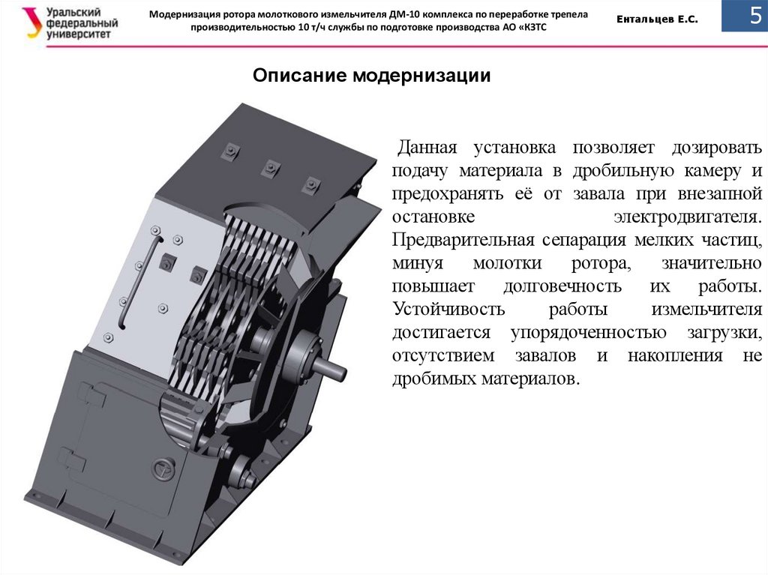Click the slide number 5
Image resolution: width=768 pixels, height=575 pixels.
point(756,16)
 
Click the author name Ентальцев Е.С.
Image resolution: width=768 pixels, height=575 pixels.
point(657,19)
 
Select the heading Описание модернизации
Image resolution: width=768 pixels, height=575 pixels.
point(372,76)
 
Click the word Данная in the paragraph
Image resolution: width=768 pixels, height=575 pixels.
point(427,148)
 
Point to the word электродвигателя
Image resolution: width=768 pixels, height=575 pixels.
point(688,217)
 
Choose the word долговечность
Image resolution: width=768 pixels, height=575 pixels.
point(562,286)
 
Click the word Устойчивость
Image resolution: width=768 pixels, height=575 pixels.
point(448,309)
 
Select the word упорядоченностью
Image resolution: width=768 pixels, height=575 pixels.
point(588,333)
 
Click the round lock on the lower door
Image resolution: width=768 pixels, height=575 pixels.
point(163,468)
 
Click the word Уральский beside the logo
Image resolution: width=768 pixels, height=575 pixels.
point(73,12)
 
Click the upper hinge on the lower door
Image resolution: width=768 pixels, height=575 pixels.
point(93,394)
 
